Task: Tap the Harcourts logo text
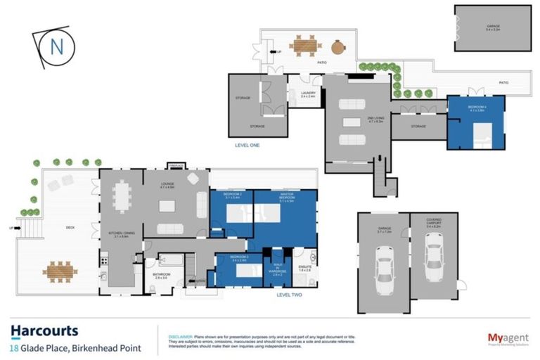[44, 331]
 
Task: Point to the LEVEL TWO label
[289, 295]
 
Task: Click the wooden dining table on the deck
[60, 269]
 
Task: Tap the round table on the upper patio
[339, 47]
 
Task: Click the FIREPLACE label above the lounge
[176, 166]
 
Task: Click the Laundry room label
[307, 94]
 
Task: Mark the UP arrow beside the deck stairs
[10, 228]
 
